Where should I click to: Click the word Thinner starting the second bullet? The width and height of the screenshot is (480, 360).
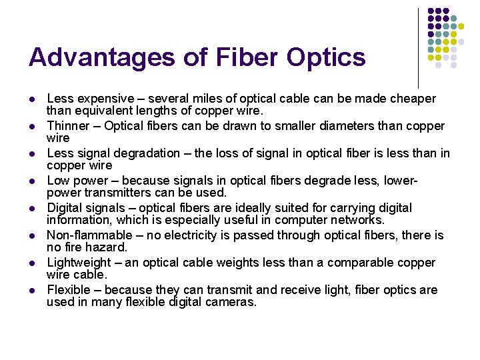pos(67,126)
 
